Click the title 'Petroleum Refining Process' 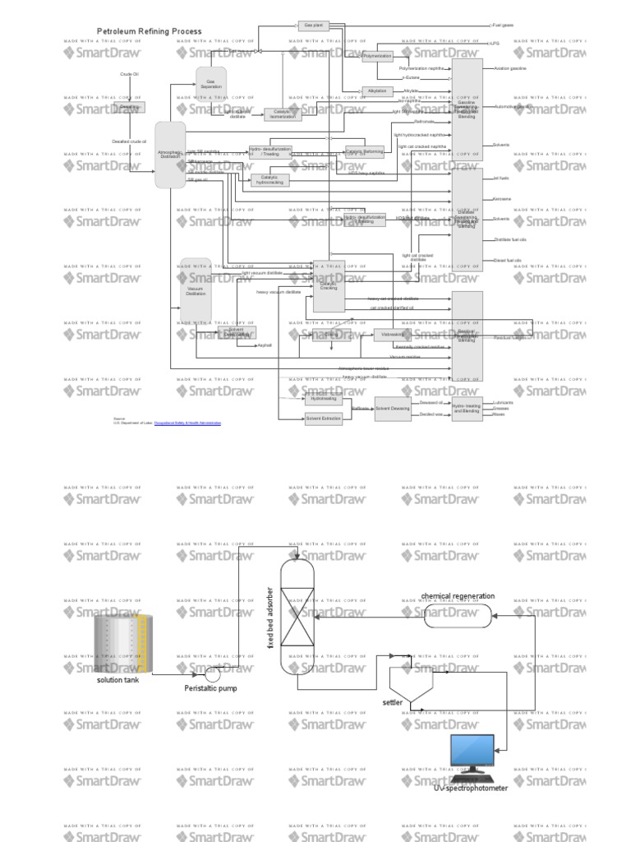[149, 31]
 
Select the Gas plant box [314, 25]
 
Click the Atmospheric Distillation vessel [170, 154]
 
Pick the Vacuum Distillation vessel [196, 292]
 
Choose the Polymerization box [378, 56]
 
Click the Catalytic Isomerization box [283, 114]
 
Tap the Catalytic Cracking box [328, 286]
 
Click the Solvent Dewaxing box [393, 409]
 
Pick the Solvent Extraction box [323, 419]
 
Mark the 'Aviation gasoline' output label [509, 68]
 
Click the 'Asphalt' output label [265, 345]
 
